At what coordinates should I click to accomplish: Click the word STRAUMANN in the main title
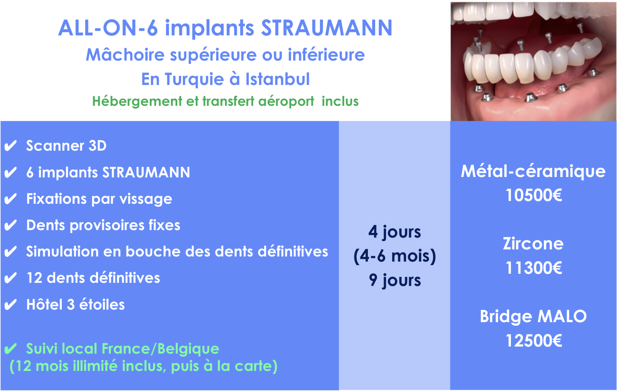click(x=327, y=28)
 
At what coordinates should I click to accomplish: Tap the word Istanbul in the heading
click(x=277, y=79)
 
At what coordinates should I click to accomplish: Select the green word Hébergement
click(x=137, y=101)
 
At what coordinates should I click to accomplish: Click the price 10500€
click(x=534, y=195)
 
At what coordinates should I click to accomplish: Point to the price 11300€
click(x=534, y=268)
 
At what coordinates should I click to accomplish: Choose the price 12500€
click(x=534, y=341)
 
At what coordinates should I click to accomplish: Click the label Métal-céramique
click(x=533, y=172)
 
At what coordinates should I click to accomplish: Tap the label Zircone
click(x=533, y=244)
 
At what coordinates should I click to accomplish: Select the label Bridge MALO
click(x=533, y=317)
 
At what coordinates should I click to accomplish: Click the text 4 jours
click(x=395, y=232)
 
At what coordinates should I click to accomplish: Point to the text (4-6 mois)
click(x=395, y=256)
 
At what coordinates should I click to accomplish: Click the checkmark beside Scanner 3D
click(x=11, y=146)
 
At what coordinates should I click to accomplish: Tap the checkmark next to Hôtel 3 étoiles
click(x=11, y=305)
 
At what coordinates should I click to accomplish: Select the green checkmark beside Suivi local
click(x=11, y=349)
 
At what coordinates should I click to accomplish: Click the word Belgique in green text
click(x=188, y=349)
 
